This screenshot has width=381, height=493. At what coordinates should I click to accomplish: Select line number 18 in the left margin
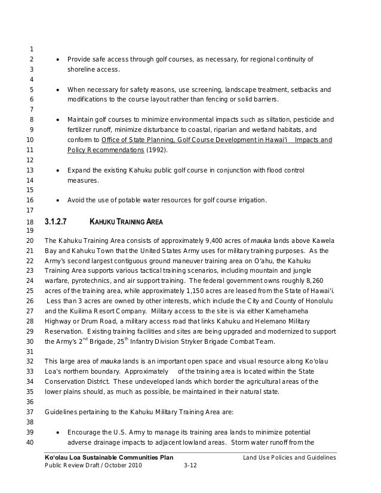coord(30,223)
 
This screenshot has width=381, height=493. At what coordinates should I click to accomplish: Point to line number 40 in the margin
coord(30,442)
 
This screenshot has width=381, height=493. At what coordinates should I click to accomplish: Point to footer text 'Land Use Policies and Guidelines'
coord(290,457)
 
